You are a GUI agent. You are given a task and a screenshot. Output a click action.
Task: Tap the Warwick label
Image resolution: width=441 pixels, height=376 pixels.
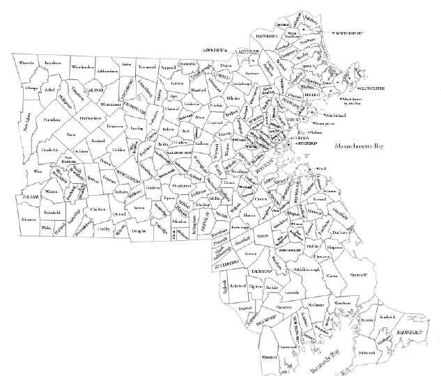click(26, 63)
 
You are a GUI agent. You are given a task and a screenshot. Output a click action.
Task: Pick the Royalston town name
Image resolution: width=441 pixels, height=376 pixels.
click(53, 63)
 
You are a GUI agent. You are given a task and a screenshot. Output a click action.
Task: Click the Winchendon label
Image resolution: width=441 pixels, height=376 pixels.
click(82, 67)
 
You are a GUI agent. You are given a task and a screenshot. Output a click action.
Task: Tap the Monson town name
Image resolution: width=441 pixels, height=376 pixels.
click(29, 219)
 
